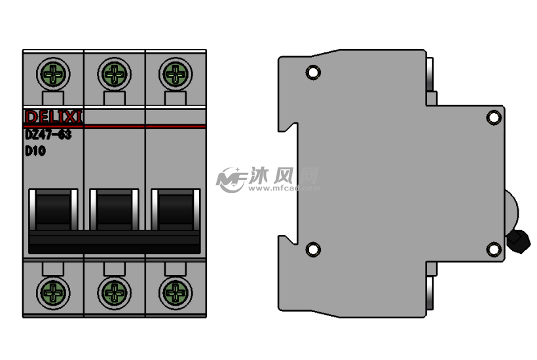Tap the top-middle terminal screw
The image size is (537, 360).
pyautogui.click(x=114, y=73)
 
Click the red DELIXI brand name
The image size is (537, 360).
pyautogui.click(x=53, y=117)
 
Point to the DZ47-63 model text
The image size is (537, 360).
pyautogui.click(x=48, y=135)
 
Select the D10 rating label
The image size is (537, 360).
pyautogui.click(x=35, y=151)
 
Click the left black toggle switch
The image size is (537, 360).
pyautogui.click(x=53, y=209)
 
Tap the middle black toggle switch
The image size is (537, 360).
pyautogui.click(x=114, y=209)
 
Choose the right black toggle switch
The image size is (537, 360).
pyautogui.click(x=175, y=209)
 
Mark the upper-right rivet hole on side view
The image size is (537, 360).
pyautogui.click(x=494, y=117)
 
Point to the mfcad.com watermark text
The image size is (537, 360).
pyautogui.click(x=284, y=189)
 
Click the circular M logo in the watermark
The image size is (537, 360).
pyautogui.click(x=231, y=179)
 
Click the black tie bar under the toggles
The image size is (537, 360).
pyautogui.click(x=114, y=241)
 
